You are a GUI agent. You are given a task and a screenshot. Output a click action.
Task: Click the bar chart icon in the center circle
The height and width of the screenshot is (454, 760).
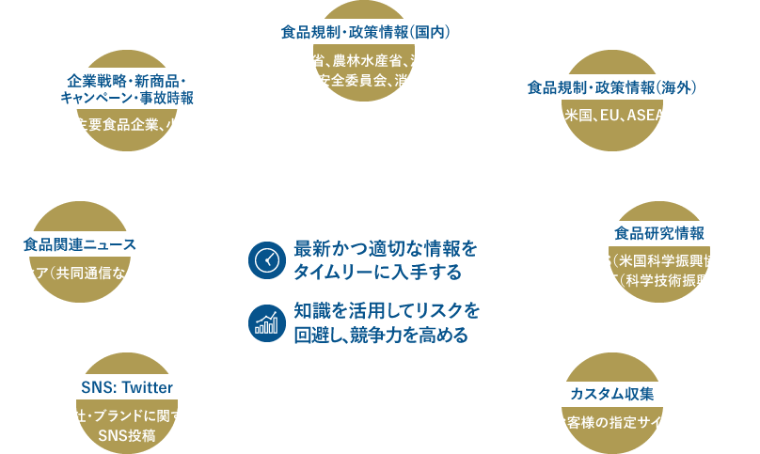coord(267,322)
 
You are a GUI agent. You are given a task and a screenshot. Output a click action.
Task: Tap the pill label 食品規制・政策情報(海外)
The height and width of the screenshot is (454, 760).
coord(612,87)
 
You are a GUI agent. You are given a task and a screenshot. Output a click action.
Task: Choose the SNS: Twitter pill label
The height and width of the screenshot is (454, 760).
coord(127,386)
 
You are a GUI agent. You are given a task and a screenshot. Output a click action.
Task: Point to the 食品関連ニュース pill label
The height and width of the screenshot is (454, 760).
coord(80,244)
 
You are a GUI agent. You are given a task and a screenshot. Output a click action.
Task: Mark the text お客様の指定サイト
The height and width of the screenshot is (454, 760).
coord(612,422)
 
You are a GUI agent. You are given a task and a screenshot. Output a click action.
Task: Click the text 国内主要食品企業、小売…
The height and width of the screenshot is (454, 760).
coord(127,124)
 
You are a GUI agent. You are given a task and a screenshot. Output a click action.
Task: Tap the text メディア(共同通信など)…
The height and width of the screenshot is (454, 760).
coord(80,274)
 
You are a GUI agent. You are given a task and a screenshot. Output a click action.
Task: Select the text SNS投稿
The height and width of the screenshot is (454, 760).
coord(127,436)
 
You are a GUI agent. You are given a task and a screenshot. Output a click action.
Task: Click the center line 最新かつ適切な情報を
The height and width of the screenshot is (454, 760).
coord(386,250)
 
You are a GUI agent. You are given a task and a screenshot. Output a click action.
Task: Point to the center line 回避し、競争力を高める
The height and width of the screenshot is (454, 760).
coord(380,334)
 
